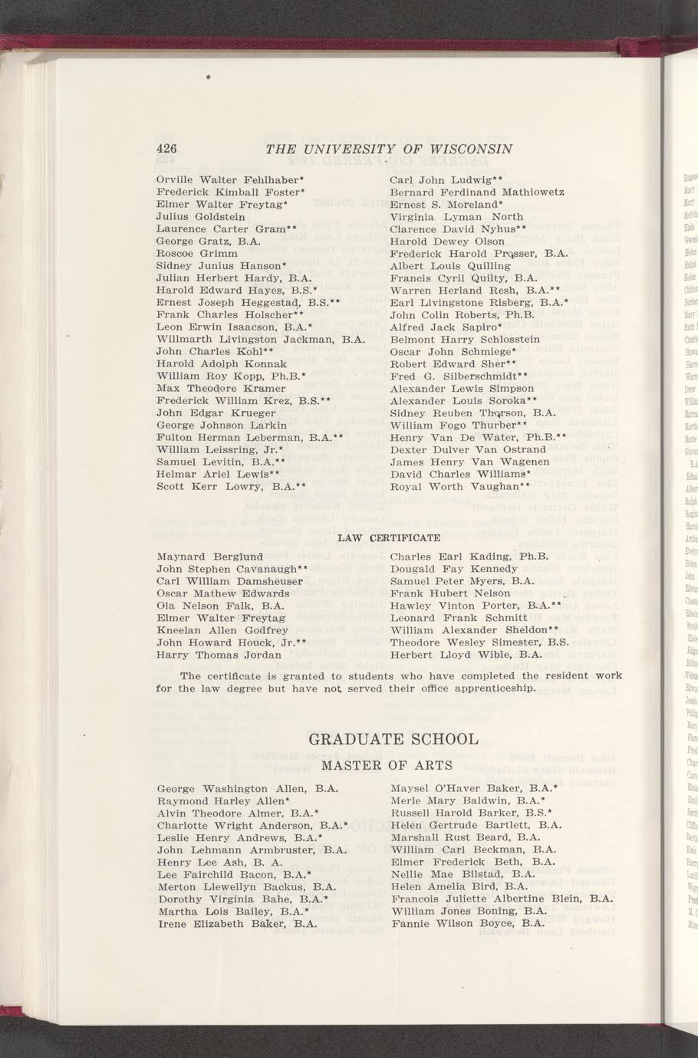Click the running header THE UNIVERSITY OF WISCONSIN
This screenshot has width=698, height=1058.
point(389,149)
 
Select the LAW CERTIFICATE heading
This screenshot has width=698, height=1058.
point(389,537)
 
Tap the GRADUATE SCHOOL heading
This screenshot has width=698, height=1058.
point(393,740)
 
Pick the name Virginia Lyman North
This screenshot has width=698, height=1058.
point(456,217)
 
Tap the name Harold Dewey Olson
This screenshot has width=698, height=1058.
point(447,242)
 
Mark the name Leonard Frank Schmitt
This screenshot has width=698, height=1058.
point(459,618)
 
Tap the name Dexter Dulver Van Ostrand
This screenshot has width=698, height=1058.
point(468,450)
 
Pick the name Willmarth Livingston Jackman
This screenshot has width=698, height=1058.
point(259,339)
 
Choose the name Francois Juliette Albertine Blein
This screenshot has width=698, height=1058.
point(501,899)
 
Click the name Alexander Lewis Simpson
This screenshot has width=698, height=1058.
point(462,389)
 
